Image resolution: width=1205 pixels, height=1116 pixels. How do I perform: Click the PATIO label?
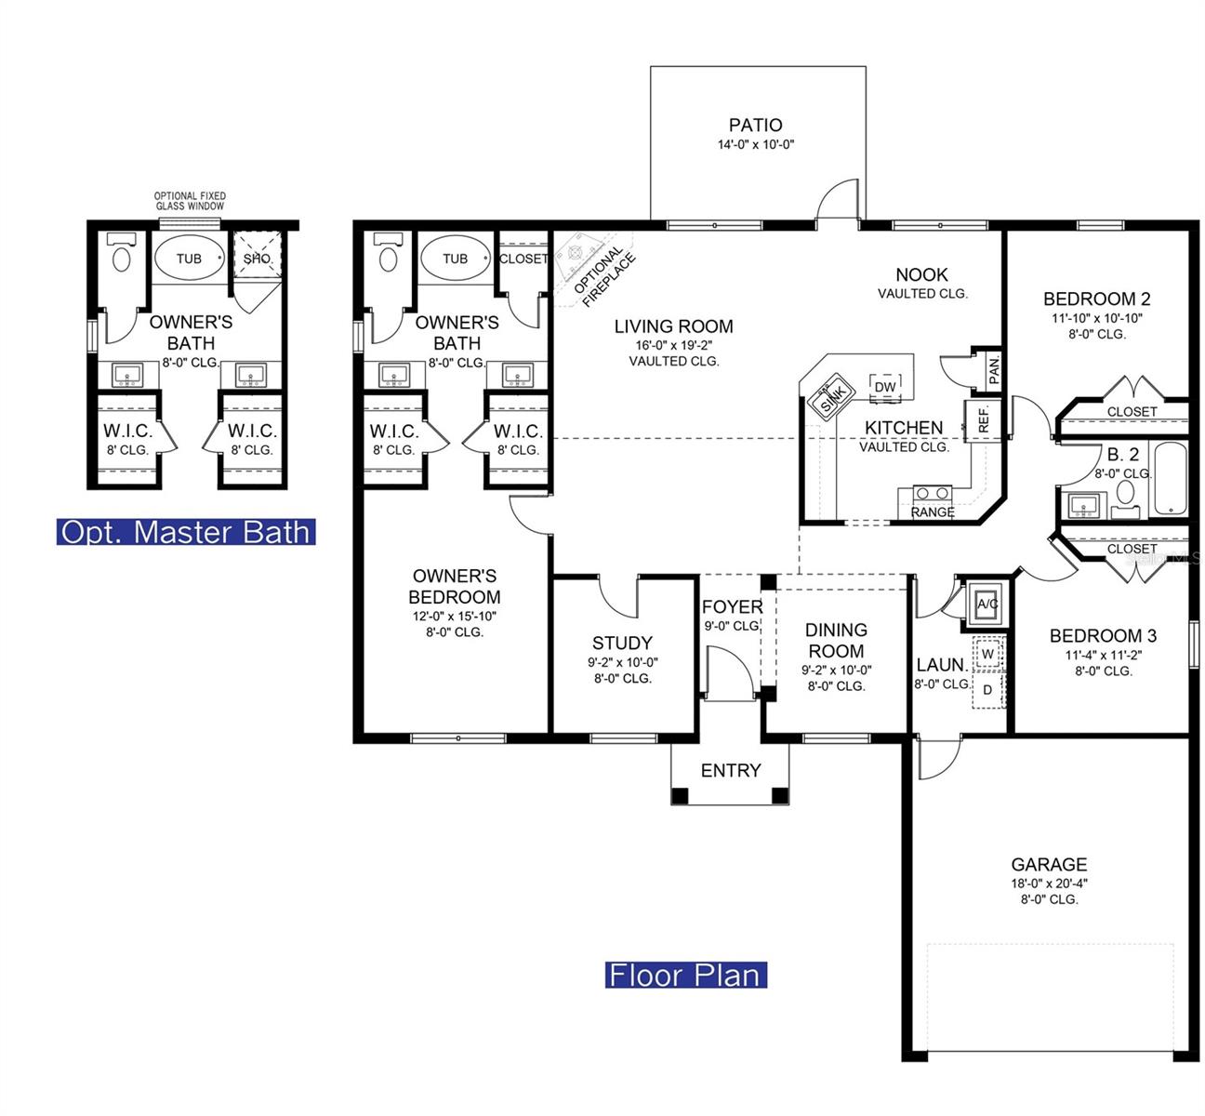pos(755,125)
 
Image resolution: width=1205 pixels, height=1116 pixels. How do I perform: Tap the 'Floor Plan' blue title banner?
pos(685,976)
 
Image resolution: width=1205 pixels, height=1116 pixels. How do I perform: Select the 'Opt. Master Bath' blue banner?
pos(186,532)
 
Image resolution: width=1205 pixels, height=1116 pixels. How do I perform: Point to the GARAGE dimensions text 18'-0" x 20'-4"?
pos(1049,883)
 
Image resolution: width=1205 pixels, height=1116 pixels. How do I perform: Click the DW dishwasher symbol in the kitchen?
pos(885,387)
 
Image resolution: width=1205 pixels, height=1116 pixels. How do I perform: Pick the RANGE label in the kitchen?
pos(933,511)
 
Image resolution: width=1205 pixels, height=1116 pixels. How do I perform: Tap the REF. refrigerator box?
pos(983,419)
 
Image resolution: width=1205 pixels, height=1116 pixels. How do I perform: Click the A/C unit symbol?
pos(987,604)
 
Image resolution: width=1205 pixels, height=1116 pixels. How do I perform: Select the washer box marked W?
pos(987,654)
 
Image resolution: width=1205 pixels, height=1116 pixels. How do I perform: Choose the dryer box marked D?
pos(987,690)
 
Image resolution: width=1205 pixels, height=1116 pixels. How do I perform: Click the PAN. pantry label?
pos(994,370)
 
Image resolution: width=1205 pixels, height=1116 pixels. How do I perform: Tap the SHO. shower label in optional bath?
pos(258,259)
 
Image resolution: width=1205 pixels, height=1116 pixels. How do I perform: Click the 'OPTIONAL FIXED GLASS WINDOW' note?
pos(190,201)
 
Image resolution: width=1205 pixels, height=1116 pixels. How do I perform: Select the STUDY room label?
pos(623,643)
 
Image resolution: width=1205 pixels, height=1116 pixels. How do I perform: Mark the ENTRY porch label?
pos(731,771)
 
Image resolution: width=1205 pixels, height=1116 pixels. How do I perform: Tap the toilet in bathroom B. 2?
pos(1125,498)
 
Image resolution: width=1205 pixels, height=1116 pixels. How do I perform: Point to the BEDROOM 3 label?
pos(1103,636)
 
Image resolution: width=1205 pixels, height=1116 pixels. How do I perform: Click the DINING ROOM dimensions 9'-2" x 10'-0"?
pos(836,670)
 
